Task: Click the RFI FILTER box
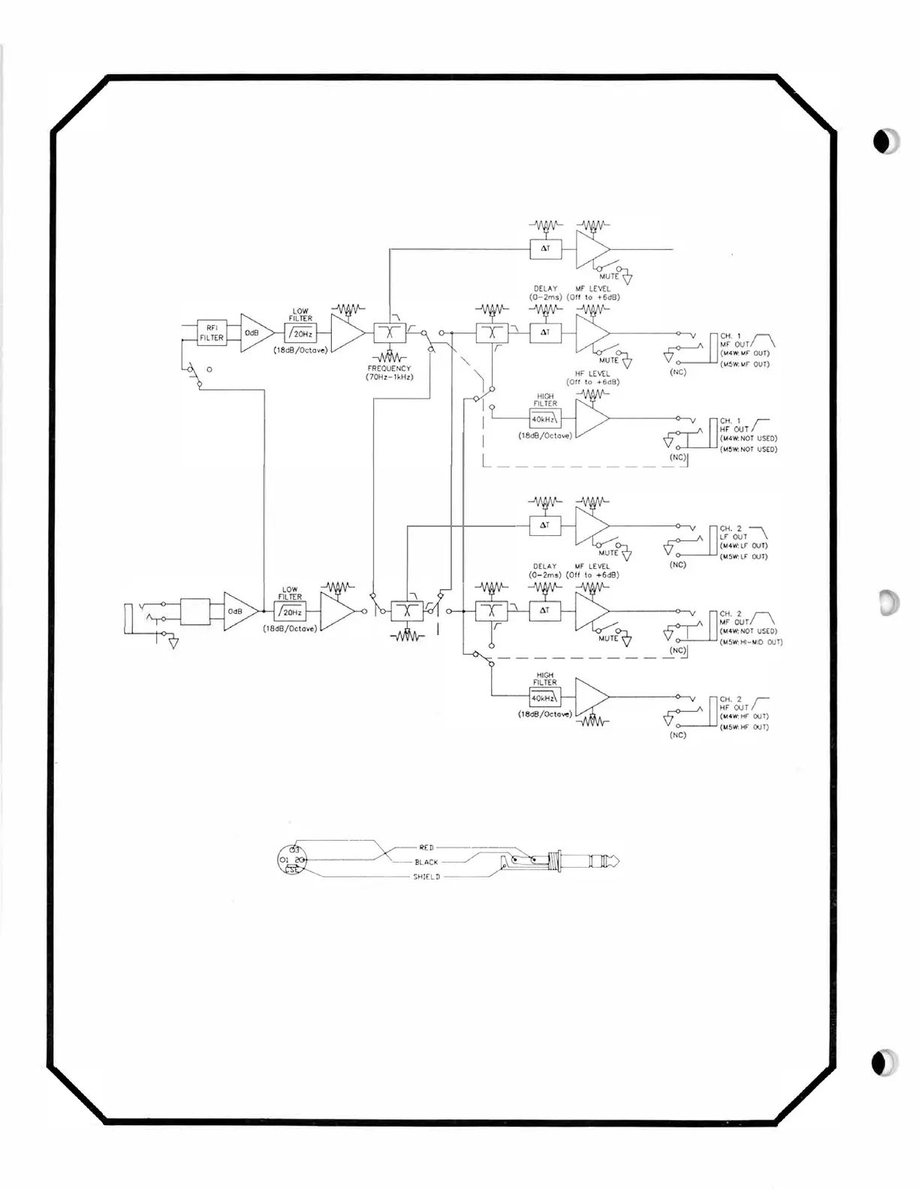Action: [211, 333]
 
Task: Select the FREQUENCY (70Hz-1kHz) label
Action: [389, 372]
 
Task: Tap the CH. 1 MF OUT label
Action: [735, 340]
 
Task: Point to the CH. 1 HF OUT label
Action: [735, 425]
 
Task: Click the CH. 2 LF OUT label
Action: [734, 533]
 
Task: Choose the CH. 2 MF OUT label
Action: [735, 618]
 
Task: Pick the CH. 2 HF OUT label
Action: [735, 703]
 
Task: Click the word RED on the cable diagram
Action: [426, 847]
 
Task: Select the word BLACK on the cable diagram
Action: [426, 862]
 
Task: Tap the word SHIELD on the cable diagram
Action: [426, 877]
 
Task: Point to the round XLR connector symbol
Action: [292, 860]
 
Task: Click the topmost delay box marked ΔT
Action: [545, 248]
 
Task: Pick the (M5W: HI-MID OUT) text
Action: [751, 642]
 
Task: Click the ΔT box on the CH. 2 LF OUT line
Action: [545, 525]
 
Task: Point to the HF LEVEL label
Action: [592, 373]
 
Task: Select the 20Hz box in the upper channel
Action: [300, 333]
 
